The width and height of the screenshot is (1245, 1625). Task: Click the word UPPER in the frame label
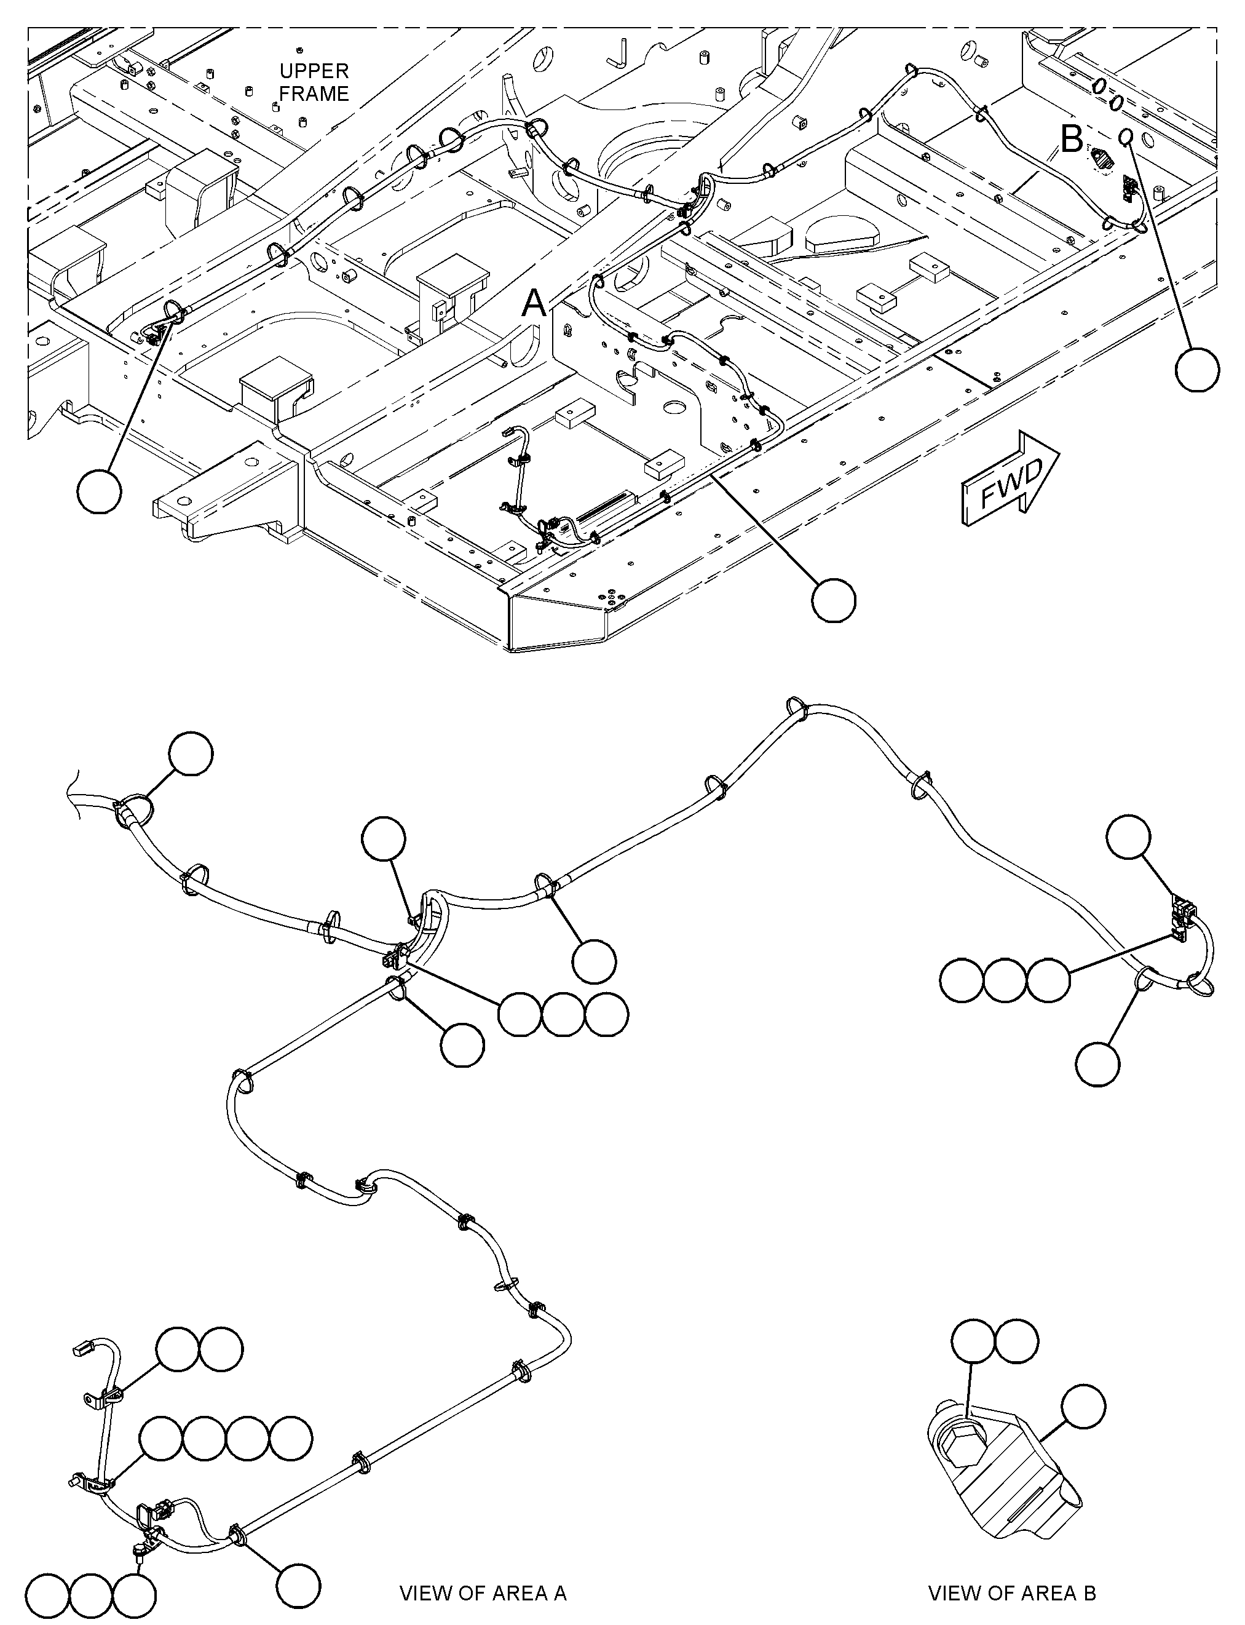tap(314, 71)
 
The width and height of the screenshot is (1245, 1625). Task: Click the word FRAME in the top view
tap(314, 94)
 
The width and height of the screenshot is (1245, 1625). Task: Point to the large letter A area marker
tap(534, 303)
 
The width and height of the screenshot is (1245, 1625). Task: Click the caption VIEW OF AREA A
tap(483, 1592)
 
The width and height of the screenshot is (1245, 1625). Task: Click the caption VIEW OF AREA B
tap(1013, 1592)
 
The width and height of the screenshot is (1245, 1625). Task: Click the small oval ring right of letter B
tap(1126, 137)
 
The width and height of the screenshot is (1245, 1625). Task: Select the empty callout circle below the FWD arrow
tap(834, 600)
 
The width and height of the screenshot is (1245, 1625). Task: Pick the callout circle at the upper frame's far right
tap(1198, 368)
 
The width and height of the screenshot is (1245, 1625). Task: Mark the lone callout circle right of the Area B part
tap(1083, 1405)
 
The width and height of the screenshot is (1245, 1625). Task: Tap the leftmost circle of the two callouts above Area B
tap(973, 1340)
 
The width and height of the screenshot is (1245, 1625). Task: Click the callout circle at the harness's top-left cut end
tap(191, 754)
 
